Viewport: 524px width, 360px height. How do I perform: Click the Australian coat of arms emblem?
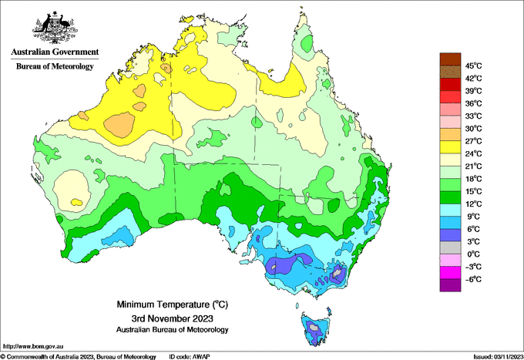(x=55, y=28)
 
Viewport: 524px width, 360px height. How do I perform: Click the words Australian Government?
(x=55, y=52)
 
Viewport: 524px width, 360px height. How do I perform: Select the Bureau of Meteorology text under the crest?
(x=55, y=66)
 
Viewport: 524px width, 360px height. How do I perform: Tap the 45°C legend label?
(x=474, y=66)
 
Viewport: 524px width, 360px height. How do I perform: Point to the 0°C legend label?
(x=474, y=254)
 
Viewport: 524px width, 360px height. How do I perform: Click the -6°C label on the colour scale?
(x=474, y=279)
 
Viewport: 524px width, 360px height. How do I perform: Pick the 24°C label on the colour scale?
(x=474, y=153)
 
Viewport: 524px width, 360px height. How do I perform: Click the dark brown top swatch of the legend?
(x=450, y=59)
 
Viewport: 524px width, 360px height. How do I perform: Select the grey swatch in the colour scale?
(x=450, y=247)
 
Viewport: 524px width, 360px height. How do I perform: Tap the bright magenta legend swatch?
(x=450, y=273)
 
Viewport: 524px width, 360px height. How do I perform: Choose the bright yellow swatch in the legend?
(x=450, y=147)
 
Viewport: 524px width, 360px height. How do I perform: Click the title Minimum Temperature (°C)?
(x=172, y=304)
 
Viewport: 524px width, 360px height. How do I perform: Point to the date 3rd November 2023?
(x=172, y=318)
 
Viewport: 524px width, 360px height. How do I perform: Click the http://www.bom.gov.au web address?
(x=33, y=347)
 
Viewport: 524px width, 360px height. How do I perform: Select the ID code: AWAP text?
(x=190, y=357)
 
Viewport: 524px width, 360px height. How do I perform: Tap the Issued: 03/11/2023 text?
(x=499, y=357)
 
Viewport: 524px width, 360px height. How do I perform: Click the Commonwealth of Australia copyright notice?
(x=78, y=357)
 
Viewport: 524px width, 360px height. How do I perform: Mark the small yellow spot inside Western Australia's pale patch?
(x=76, y=202)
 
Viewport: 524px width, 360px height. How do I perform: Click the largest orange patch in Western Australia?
(x=119, y=125)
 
